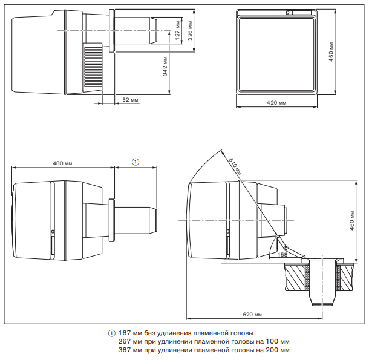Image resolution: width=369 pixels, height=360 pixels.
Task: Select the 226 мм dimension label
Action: point(189,25)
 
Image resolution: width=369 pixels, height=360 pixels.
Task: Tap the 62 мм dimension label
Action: point(130,99)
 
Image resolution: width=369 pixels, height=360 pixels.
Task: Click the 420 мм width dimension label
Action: point(276,103)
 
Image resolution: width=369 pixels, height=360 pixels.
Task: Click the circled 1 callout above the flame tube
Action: point(136,162)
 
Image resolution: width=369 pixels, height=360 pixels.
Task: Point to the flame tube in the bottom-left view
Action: point(136,220)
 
